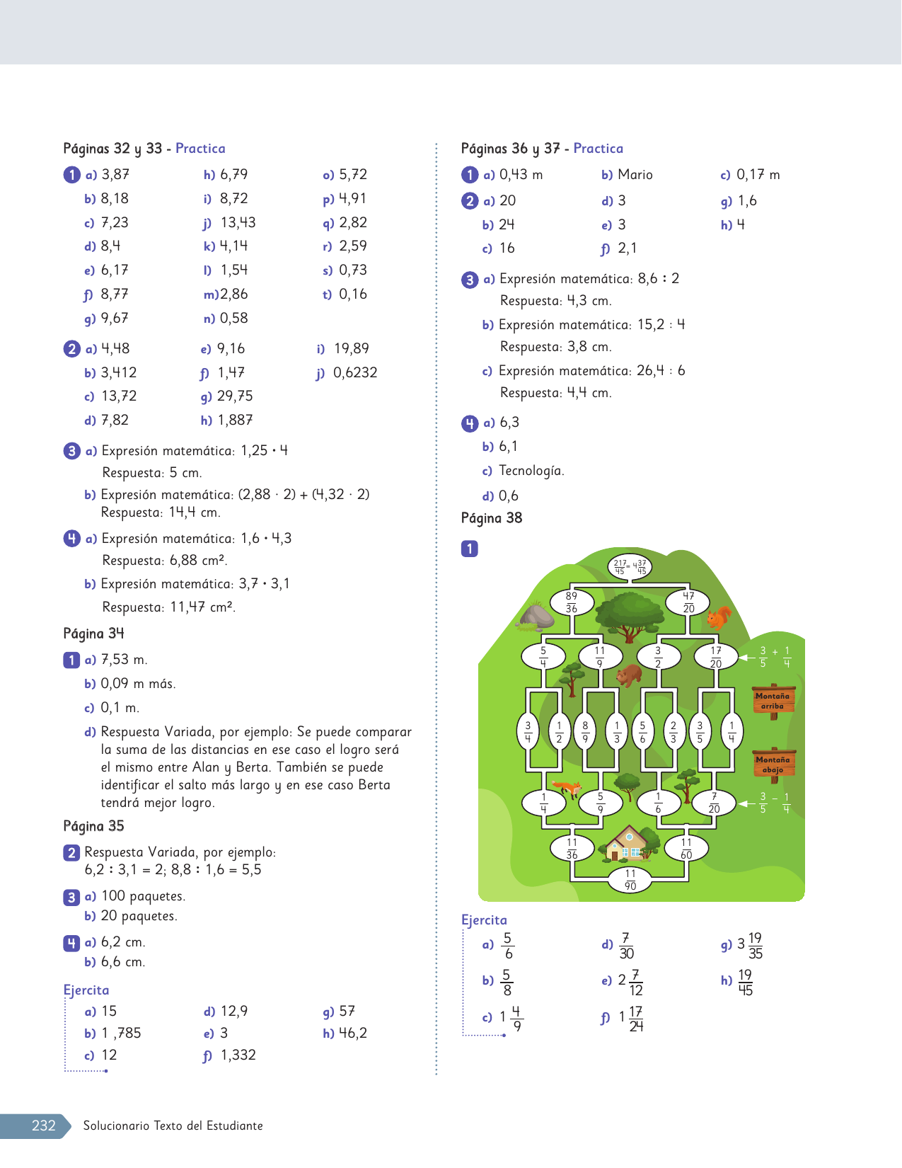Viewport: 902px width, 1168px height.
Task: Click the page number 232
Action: tap(44, 1126)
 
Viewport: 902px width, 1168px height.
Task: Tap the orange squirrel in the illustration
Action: tap(719, 617)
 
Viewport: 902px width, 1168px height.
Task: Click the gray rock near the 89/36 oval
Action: tap(537, 617)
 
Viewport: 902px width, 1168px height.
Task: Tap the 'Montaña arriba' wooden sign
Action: tap(773, 700)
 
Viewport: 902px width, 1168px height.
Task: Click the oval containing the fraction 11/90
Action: tap(630, 880)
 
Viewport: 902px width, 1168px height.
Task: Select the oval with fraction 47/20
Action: tap(688, 602)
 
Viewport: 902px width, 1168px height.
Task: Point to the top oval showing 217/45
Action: tap(630, 566)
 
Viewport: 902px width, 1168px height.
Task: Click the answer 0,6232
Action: tap(355, 372)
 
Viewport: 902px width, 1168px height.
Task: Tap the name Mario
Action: tap(635, 175)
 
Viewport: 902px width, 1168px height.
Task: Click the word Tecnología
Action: tap(531, 471)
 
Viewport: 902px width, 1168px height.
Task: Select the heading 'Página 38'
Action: tap(492, 518)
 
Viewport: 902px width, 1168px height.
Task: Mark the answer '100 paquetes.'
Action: tap(144, 896)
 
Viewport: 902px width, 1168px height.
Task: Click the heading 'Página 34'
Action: tap(93, 634)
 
